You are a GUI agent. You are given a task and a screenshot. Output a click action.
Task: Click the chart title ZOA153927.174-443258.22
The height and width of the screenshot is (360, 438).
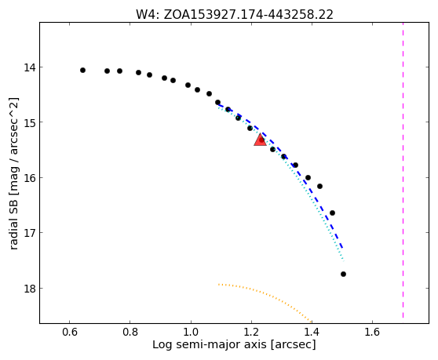click(248, 15)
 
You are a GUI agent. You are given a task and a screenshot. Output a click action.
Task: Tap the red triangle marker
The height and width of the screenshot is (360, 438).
click(260, 140)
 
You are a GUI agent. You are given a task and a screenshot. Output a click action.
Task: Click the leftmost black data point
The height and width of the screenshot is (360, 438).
click(82, 70)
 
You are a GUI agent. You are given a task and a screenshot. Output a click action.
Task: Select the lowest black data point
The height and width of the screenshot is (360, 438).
click(343, 274)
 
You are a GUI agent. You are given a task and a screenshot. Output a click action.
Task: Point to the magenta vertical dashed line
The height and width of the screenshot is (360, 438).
click(403, 170)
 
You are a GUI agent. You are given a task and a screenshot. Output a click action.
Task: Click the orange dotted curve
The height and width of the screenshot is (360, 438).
click(265, 293)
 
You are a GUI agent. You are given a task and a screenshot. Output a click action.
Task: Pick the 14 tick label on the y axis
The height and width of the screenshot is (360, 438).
click(29, 67)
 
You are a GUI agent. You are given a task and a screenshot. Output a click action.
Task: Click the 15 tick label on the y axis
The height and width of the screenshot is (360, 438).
click(29, 122)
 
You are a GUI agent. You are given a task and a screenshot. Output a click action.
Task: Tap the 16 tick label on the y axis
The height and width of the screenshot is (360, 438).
click(29, 177)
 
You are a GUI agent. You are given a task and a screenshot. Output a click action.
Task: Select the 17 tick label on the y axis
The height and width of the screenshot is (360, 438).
click(29, 232)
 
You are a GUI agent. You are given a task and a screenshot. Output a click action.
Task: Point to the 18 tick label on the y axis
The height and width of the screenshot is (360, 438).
click(29, 288)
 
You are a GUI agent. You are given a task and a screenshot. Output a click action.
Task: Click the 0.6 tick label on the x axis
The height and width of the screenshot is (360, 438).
click(69, 332)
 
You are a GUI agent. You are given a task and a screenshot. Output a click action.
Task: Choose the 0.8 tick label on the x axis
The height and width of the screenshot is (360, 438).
click(130, 332)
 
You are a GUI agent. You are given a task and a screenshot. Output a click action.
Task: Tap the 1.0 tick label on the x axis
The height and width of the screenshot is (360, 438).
click(191, 332)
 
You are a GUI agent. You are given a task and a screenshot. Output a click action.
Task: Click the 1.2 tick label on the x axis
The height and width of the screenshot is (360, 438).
click(251, 332)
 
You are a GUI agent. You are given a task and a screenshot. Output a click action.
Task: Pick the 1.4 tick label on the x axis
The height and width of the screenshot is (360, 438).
click(312, 332)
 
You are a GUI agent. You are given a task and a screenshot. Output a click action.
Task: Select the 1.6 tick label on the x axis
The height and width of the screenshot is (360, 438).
click(372, 332)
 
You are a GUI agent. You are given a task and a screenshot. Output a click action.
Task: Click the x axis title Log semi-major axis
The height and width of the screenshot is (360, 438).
click(210, 344)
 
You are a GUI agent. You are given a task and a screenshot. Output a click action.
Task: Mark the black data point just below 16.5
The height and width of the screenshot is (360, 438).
click(332, 213)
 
